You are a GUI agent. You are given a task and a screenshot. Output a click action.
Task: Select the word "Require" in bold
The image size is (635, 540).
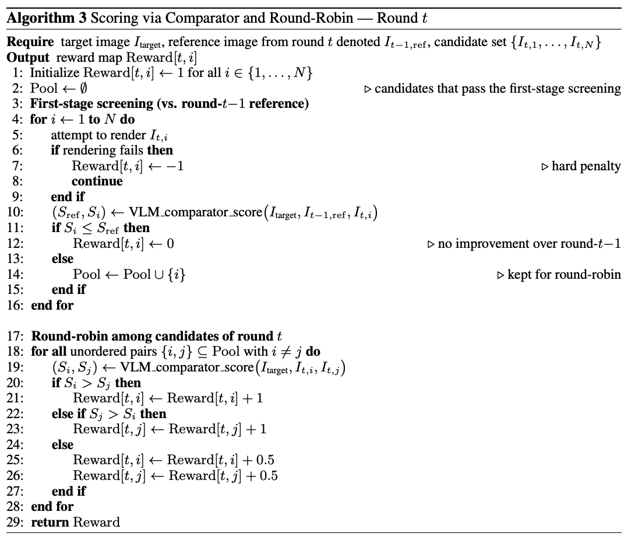click(x=28, y=43)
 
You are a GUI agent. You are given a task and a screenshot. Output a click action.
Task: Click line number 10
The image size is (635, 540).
click(x=15, y=212)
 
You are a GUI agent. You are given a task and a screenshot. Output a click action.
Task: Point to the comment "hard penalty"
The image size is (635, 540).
click(x=585, y=166)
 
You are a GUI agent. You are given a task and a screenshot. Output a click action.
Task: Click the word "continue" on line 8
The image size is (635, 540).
click(x=97, y=181)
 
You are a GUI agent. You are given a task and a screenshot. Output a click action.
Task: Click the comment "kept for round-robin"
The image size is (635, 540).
click(x=563, y=274)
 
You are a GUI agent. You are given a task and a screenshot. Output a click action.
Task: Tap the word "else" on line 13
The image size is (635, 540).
click(x=62, y=259)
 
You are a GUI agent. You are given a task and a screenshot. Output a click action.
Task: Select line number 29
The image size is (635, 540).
click(x=15, y=522)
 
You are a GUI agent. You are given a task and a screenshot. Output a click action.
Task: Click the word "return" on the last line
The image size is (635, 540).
click(x=50, y=522)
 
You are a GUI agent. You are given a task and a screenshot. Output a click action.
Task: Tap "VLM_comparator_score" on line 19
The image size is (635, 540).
click(x=188, y=367)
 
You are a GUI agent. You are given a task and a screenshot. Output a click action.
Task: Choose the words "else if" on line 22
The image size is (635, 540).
click(x=72, y=414)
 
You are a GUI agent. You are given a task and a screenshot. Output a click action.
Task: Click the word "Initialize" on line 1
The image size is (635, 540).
click(x=55, y=73)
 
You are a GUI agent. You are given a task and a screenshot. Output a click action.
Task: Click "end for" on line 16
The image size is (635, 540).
click(x=52, y=305)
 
